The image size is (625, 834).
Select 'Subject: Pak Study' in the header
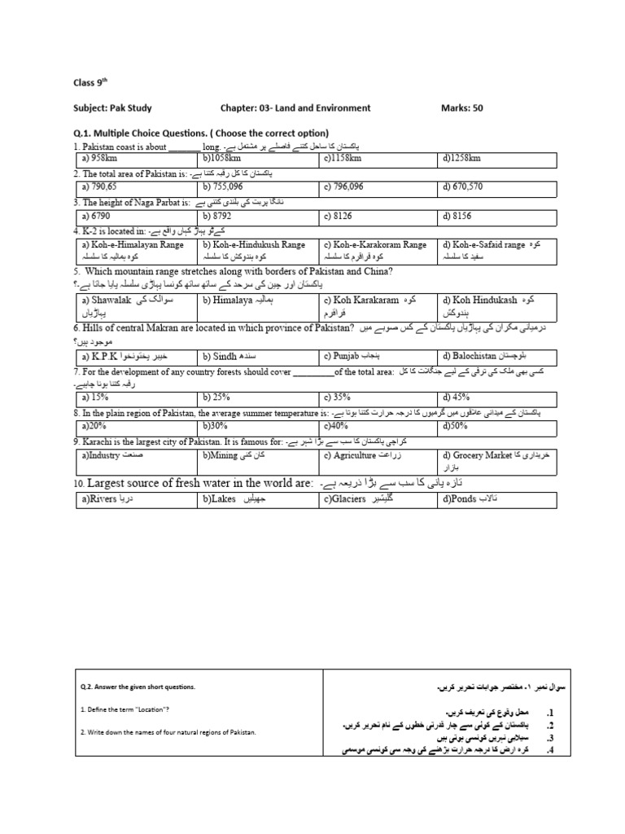pyautogui.click(x=112, y=108)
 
